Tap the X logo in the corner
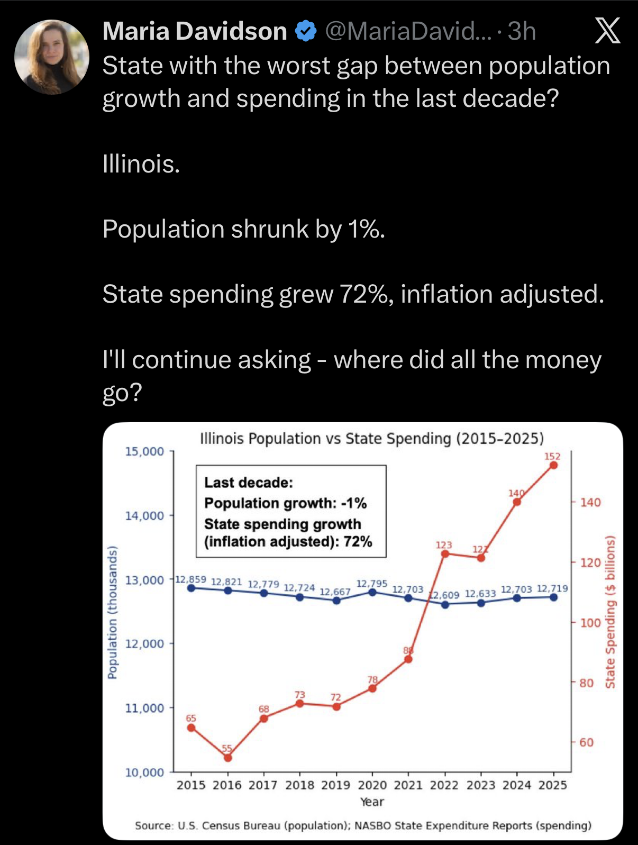[x=607, y=31]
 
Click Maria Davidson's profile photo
[x=52, y=57]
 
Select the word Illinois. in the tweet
[x=141, y=164]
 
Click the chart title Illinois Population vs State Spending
[x=372, y=439]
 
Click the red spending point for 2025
[x=553, y=465]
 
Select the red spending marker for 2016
[x=227, y=758]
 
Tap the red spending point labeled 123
[x=445, y=554]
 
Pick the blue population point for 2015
[x=191, y=588]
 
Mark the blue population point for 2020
[x=372, y=592]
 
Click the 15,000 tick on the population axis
[x=144, y=451]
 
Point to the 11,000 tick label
[x=144, y=708]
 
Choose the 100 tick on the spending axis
[x=590, y=623]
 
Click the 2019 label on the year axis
[x=336, y=785]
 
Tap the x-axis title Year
[x=372, y=802]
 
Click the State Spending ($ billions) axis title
[x=610, y=612]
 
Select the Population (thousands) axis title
[x=112, y=612]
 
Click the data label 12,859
[x=190, y=579]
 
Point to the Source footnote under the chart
[x=363, y=825]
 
